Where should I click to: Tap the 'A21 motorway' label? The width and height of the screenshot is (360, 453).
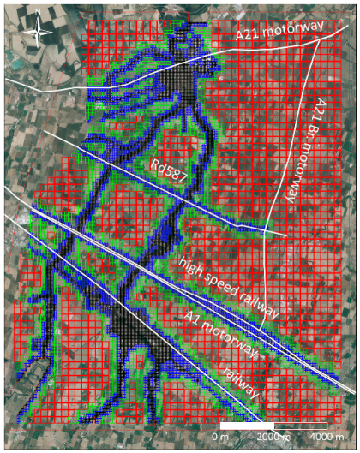pos(280,33)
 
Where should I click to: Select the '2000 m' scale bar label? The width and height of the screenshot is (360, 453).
pos(272,437)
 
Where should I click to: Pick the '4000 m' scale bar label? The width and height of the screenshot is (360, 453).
pos(325,437)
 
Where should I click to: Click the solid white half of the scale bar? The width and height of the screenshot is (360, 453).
pos(247,426)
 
